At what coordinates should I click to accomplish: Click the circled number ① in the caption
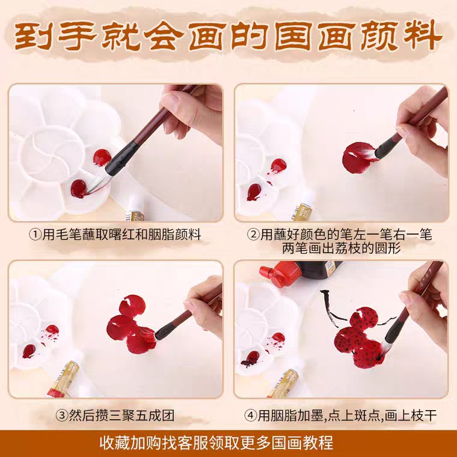click(35, 235)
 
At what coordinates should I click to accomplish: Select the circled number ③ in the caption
click(62, 415)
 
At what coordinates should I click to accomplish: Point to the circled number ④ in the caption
click(250, 415)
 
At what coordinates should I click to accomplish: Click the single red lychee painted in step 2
click(358, 158)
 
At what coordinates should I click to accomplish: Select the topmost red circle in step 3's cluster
click(132, 305)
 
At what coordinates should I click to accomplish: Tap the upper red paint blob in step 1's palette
click(102, 158)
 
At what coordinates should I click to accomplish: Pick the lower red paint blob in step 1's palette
click(79, 189)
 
